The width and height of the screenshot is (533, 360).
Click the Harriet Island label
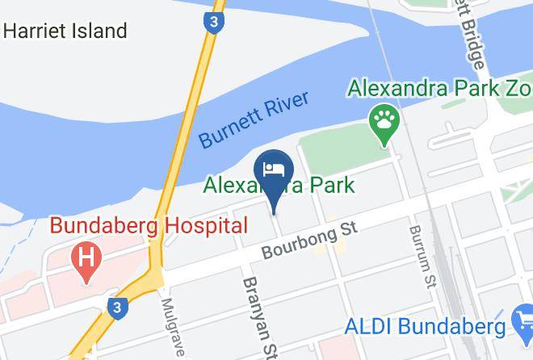[x=65, y=31]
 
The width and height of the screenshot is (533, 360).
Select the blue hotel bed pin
[x=273, y=172]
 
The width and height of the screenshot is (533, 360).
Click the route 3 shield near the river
[x=212, y=23]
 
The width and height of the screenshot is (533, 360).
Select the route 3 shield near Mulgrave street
[x=117, y=308]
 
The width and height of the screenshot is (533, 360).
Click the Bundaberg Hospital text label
[x=149, y=225]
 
